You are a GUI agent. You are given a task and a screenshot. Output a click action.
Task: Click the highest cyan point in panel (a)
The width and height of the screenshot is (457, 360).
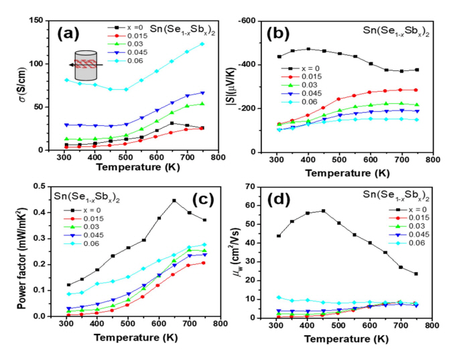pos(202,44)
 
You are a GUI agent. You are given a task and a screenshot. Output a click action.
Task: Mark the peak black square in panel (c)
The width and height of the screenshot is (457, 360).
pos(174,200)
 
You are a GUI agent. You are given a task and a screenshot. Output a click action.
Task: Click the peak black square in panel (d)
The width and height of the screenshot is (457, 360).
pos(323,211)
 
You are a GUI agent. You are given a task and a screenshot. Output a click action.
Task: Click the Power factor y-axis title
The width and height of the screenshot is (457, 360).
pos(11,251)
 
